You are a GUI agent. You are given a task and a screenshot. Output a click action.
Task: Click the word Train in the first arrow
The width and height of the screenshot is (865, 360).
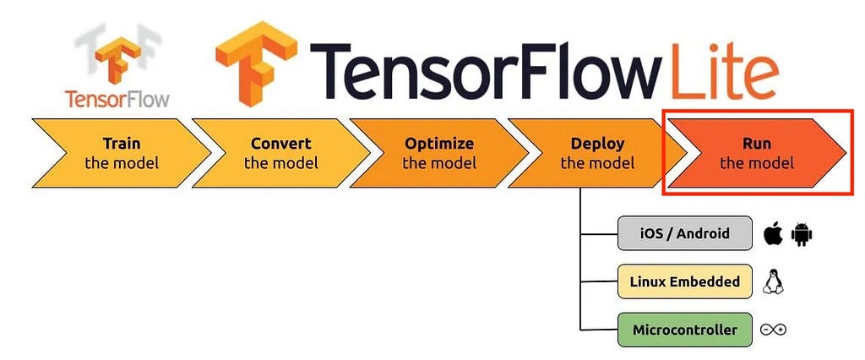[x=122, y=145]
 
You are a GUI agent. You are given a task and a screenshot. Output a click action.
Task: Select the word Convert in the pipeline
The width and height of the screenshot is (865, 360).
[x=280, y=145]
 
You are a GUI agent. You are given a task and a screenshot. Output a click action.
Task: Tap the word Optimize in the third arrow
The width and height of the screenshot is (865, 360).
[x=439, y=145]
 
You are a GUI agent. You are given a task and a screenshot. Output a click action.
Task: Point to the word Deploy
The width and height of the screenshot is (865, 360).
[x=597, y=145]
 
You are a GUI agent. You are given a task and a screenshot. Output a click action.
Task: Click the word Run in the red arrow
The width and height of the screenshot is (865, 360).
[x=756, y=145]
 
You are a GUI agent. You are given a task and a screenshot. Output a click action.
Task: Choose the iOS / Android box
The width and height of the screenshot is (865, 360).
[x=684, y=233]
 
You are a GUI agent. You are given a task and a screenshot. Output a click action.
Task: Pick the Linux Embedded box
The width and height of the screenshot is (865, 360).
[x=684, y=281]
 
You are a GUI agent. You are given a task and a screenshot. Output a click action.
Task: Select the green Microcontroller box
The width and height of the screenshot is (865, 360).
[x=684, y=330]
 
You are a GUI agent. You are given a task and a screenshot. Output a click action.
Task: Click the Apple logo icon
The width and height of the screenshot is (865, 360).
[x=774, y=233]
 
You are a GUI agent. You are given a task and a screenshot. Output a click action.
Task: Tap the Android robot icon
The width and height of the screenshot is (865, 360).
[x=802, y=234]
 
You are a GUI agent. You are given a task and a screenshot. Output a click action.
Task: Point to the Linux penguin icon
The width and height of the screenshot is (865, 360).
[x=773, y=281]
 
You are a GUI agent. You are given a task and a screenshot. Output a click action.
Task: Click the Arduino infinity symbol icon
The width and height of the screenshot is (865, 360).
[x=773, y=330]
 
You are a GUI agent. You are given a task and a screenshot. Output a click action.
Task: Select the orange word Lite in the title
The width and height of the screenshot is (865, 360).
[x=724, y=71]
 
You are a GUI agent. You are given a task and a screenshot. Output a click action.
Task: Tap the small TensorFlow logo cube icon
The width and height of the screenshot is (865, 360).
[x=117, y=60]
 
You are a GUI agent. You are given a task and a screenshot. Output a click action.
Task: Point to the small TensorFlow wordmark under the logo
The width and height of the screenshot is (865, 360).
[x=117, y=100]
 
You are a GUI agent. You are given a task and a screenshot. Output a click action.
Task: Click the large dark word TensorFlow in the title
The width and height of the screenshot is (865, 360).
[x=486, y=71]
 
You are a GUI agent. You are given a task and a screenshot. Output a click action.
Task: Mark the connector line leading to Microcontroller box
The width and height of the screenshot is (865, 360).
[x=599, y=330]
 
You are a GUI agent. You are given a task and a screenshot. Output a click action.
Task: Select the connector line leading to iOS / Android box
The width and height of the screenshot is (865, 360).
[x=599, y=233]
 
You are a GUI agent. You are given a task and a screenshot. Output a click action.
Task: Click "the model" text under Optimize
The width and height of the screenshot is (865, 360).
[x=439, y=163]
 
